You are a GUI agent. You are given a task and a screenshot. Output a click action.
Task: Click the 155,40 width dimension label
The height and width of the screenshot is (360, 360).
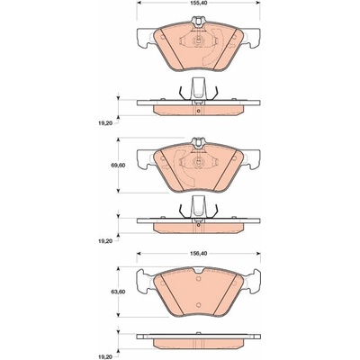pos(199,3)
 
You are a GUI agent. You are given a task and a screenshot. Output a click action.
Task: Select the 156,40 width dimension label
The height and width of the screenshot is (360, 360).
pos(199,254)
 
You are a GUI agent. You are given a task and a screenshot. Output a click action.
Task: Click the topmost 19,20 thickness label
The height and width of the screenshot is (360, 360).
pos(104,123)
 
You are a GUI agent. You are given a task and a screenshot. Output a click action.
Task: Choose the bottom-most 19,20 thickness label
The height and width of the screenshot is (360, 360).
pos(104,357)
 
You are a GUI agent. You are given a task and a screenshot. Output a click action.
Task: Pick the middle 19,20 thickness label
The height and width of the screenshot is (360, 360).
pos(104,240)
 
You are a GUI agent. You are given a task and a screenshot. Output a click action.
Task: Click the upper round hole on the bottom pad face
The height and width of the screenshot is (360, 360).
pos(198,279)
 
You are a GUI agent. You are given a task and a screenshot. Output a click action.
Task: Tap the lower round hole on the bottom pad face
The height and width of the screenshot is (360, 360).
pos(198,305)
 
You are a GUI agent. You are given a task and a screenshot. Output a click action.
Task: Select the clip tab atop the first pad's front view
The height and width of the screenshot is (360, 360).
pos(198,21)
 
